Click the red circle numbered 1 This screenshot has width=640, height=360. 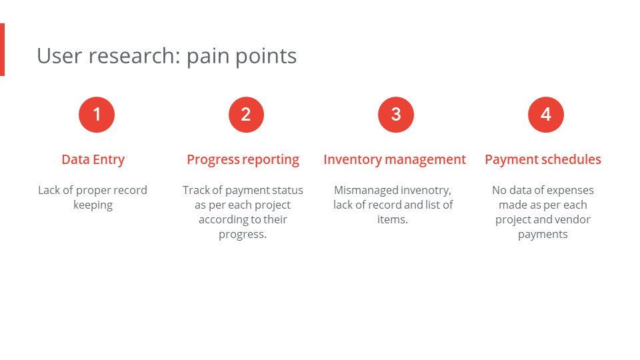[x=97, y=115]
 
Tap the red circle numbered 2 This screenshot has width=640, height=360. [x=246, y=115]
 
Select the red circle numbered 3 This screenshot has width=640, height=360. [x=396, y=115]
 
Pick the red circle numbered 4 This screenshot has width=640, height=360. [x=546, y=115]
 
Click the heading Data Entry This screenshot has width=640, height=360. [x=93, y=159]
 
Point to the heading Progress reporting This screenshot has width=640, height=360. [x=243, y=159]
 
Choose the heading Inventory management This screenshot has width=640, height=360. [x=395, y=159]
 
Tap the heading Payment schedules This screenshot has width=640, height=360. [x=543, y=159]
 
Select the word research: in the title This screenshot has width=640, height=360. [x=134, y=56]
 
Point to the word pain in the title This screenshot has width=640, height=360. [x=208, y=57]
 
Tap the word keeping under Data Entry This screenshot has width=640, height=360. [x=93, y=205]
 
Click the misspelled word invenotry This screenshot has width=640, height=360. [x=426, y=191]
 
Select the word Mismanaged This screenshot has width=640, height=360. [x=366, y=191]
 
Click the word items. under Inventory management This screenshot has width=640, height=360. [x=393, y=219]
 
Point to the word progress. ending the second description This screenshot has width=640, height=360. [x=243, y=235]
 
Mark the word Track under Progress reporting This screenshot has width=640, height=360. [x=196, y=190]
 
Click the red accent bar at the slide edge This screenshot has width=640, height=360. [x=2, y=49]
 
